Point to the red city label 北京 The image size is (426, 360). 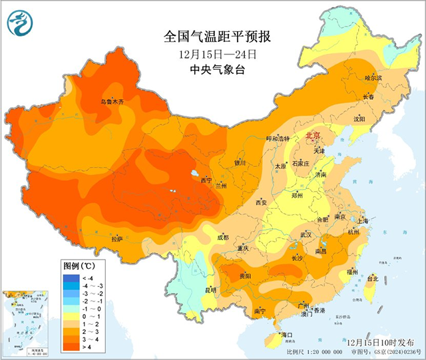click(313, 136)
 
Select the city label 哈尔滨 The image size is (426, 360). click(374, 78)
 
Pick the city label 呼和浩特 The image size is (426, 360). click(278, 138)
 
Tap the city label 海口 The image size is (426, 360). click(288, 334)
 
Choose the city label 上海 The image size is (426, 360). click(363, 220)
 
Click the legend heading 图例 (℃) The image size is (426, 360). click(81, 265)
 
